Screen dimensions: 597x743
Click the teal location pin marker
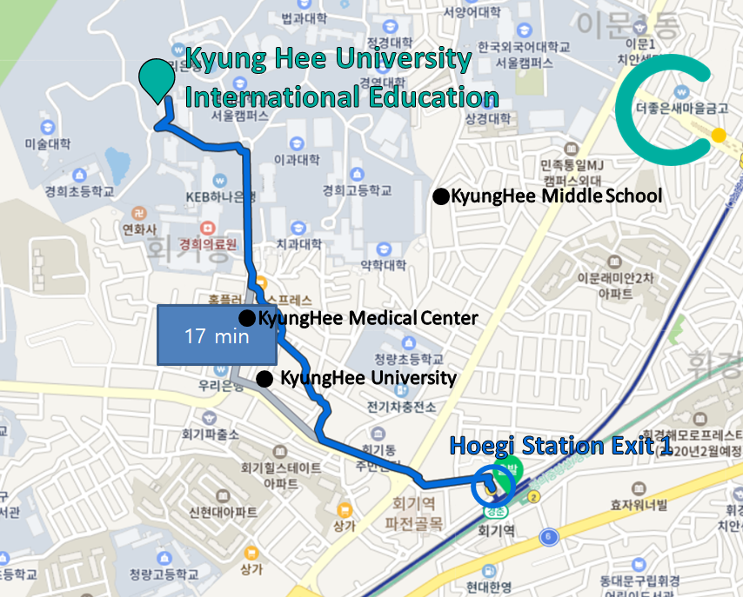point(156,79)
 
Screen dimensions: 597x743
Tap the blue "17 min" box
point(217,335)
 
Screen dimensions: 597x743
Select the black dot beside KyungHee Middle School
point(441,197)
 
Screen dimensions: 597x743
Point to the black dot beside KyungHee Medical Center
point(248,319)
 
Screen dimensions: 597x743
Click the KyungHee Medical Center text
point(368,319)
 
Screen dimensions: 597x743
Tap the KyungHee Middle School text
point(558,196)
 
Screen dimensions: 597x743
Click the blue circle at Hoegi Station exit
point(488,488)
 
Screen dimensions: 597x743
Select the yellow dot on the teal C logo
point(718,136)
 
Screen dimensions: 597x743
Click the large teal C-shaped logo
point(666,109)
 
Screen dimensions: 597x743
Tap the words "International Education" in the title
point(343,96)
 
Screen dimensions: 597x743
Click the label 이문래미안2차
point(615,279)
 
